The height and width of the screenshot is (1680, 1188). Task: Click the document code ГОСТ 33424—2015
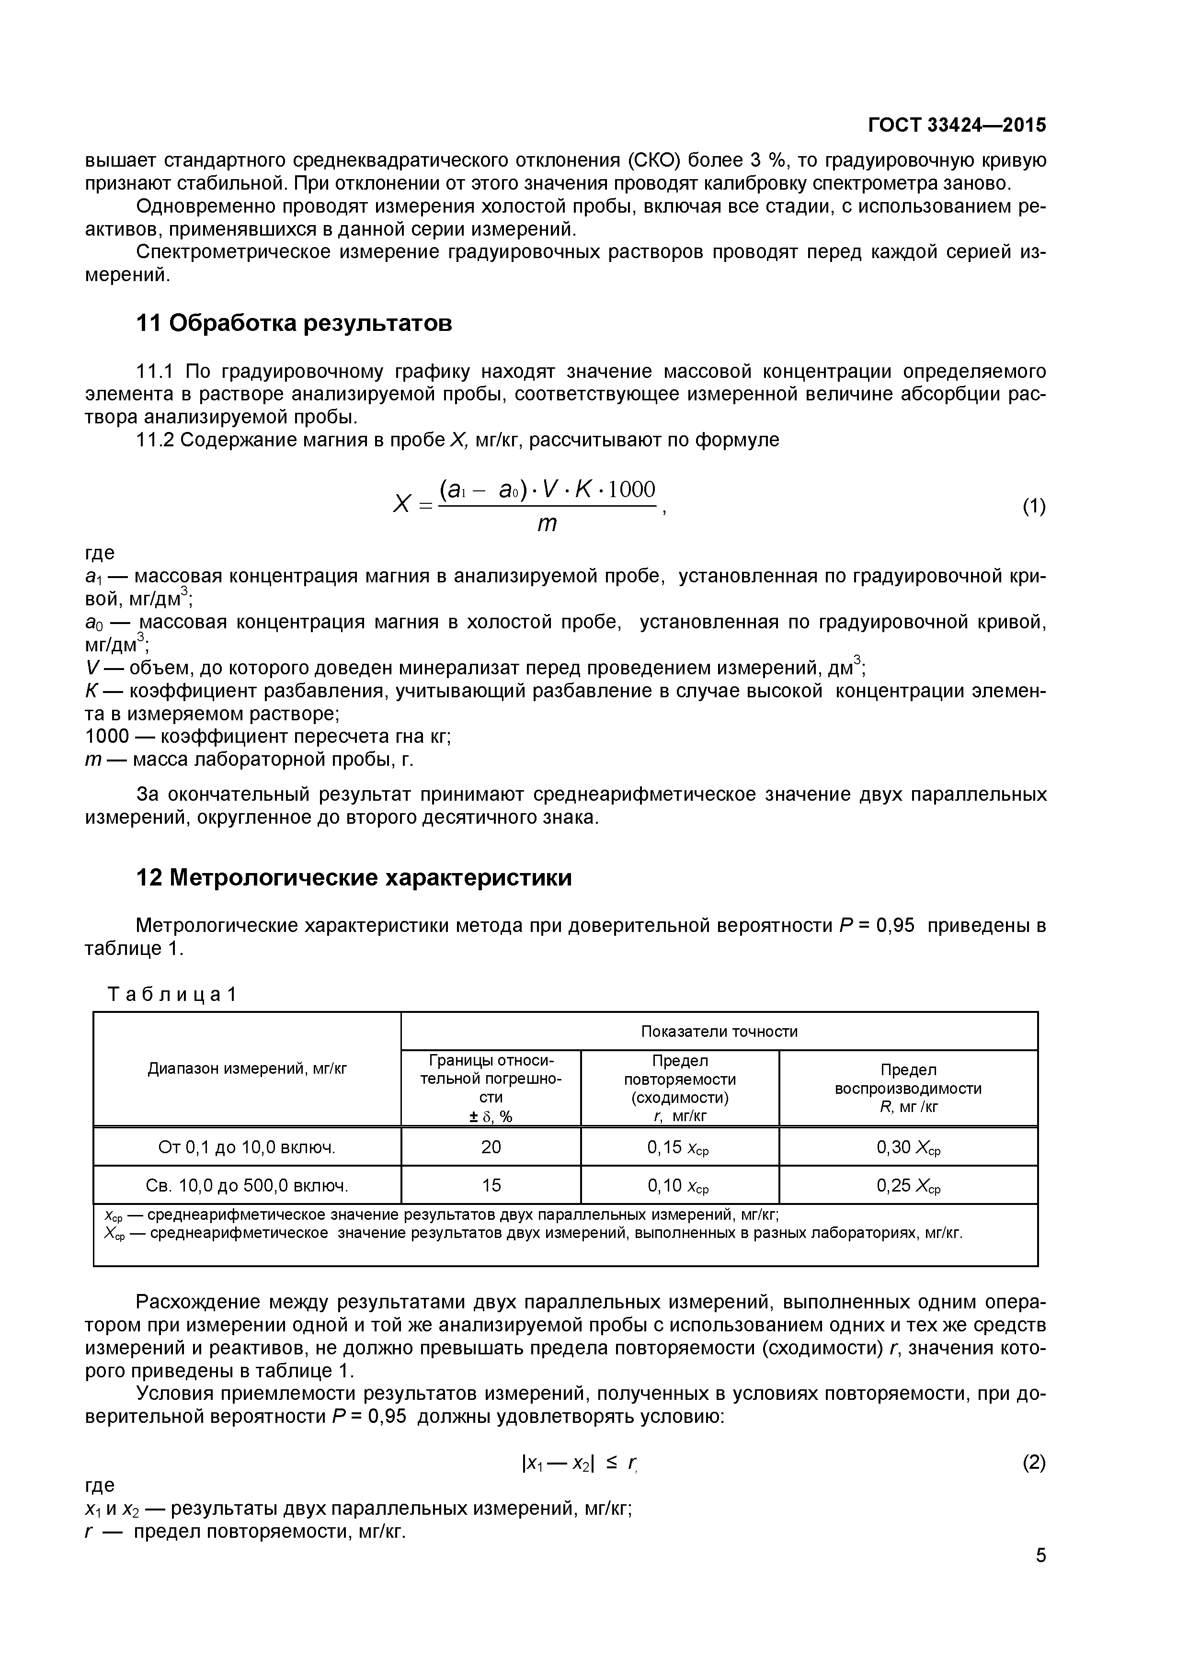pyautogui.click(x=957, y=125)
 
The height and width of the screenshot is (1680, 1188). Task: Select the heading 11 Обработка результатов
pyautogui.click(x=294, y=323)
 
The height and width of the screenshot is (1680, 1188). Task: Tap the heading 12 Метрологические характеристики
pyautogui.click(x=354, y=877)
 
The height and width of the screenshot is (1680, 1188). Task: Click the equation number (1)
pyautogui.click(x=1034, y=506)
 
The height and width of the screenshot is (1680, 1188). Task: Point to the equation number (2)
pyautogui.click(x=1034, y=1463)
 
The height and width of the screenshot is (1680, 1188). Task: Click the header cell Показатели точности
pyautogui.click(x=719, y=1031)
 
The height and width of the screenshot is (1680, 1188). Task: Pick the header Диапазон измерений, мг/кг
pyautogui.click(x=247, y=1069)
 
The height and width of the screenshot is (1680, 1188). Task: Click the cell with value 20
pyautogui.click(x=491, y=1146)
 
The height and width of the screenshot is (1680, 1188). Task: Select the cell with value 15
pyautogui.click(x=491, y=1185)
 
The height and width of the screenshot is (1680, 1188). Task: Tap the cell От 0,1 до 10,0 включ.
pyautogui.click(x=247, y=1146)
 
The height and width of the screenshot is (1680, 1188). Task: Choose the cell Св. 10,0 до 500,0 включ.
pyautogui.click(x=247, y=1185)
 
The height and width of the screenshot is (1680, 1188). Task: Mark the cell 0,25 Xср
pyautogui.click(x=908, y=1185)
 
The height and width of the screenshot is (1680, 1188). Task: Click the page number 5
pyautogui.click(x=1041, y=1574)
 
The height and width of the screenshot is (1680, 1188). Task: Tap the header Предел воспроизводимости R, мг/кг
pyautogui.click(x=908, y=1088)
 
